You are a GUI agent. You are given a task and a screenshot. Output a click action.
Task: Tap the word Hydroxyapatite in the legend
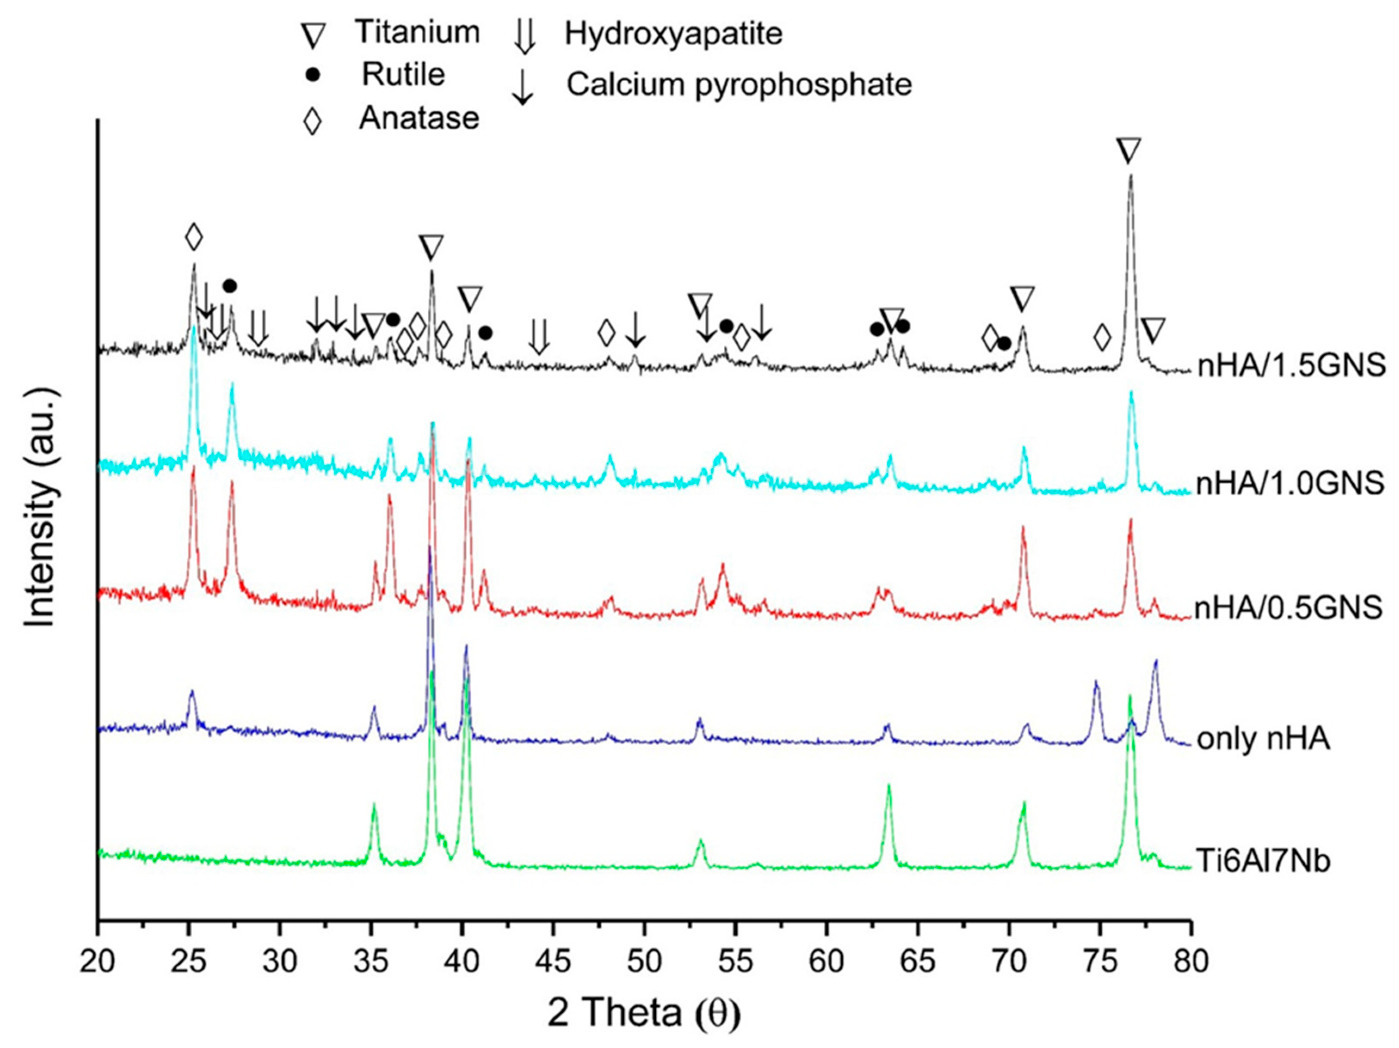click(x=673, y=34)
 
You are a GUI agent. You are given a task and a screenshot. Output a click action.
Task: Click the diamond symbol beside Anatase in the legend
click(x=312, y=120)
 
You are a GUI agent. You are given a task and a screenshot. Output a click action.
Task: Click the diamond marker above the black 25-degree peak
click(x=194, y=237)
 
